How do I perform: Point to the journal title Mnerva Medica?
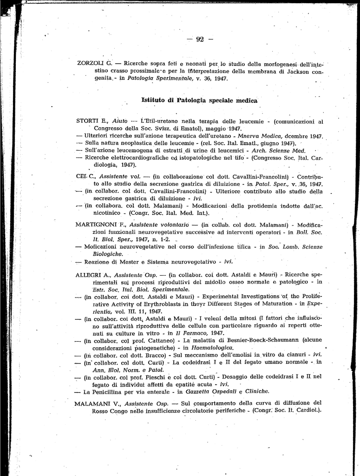[x=258, y=136]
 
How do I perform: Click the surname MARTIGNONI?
[x=97, y=224]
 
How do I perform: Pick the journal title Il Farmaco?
[x=196, y=333]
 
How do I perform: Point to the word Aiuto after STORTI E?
[x=116, y=122]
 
